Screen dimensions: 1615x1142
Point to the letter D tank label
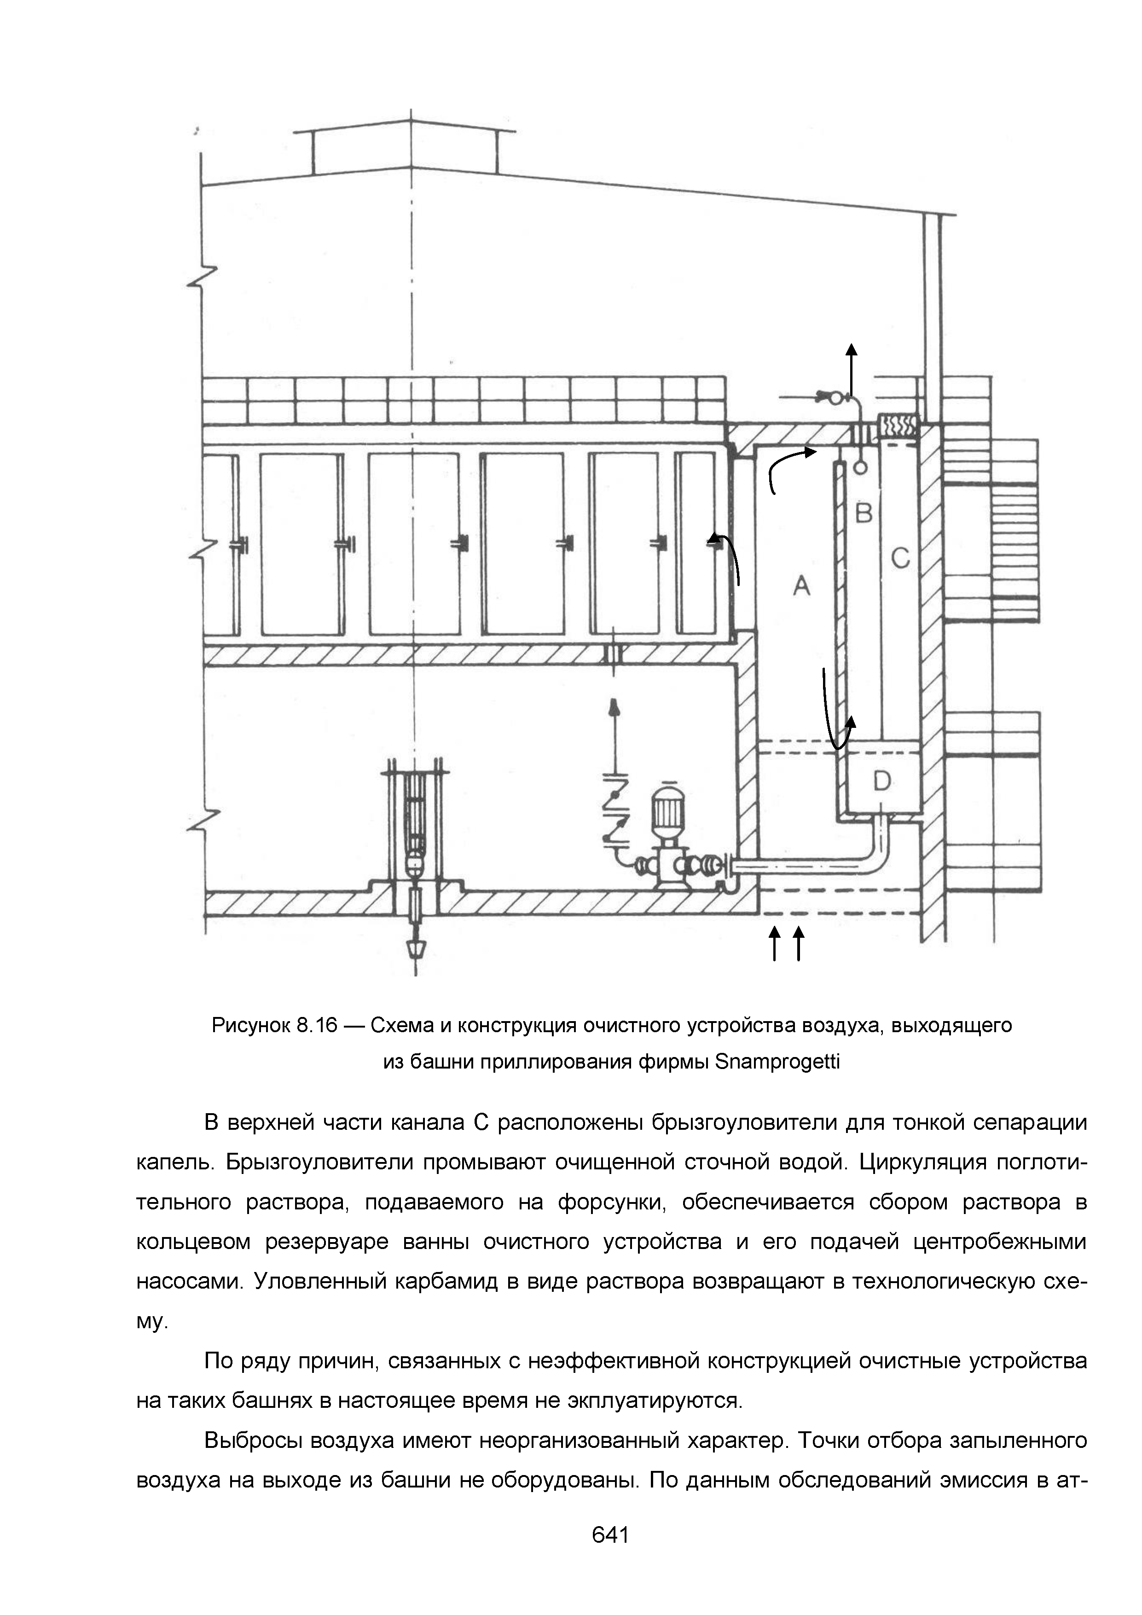point(882,780)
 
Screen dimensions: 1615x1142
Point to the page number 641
point(610,1534)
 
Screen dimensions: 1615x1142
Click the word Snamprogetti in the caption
point(777,1062)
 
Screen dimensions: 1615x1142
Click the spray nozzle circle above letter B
point(859,466)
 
